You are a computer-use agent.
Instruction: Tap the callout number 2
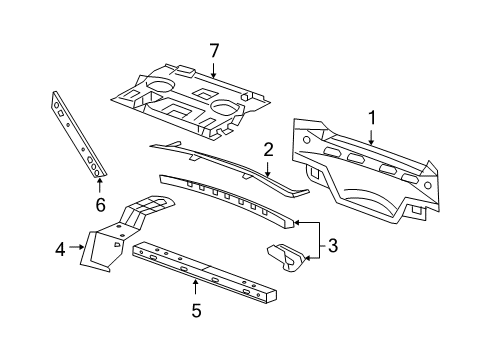[x=268, y=150]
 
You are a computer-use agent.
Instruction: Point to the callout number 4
[x=59, y=248]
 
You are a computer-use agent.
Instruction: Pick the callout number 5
[x=195, y=311]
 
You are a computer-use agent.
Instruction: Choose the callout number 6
[x=99, y=204]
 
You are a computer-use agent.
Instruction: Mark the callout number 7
[x=212, y=50]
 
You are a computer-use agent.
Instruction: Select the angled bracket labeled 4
[x=120, y=235]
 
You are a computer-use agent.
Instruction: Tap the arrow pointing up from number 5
[x=195, y=290]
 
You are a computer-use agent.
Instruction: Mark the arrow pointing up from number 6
[x=99, y=186]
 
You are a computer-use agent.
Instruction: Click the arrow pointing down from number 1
[x=371, y=136]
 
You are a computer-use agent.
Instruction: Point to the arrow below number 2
[x=268, y=170]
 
